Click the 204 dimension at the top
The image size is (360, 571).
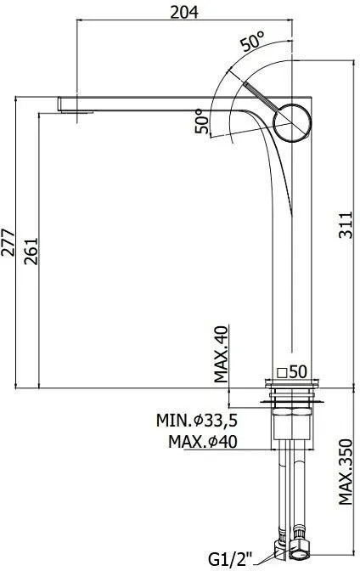(184, 13)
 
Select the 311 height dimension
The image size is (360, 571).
(346, 224)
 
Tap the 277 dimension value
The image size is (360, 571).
(8, 242)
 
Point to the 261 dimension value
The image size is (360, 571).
(31, 252)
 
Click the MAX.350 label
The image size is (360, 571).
(346, 472)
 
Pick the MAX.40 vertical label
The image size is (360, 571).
(221, 354)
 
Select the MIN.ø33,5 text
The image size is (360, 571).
(197, 421)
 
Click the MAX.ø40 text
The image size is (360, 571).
(203, 442)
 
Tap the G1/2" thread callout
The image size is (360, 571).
(230, 558)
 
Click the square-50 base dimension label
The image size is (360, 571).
(292, 372)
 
